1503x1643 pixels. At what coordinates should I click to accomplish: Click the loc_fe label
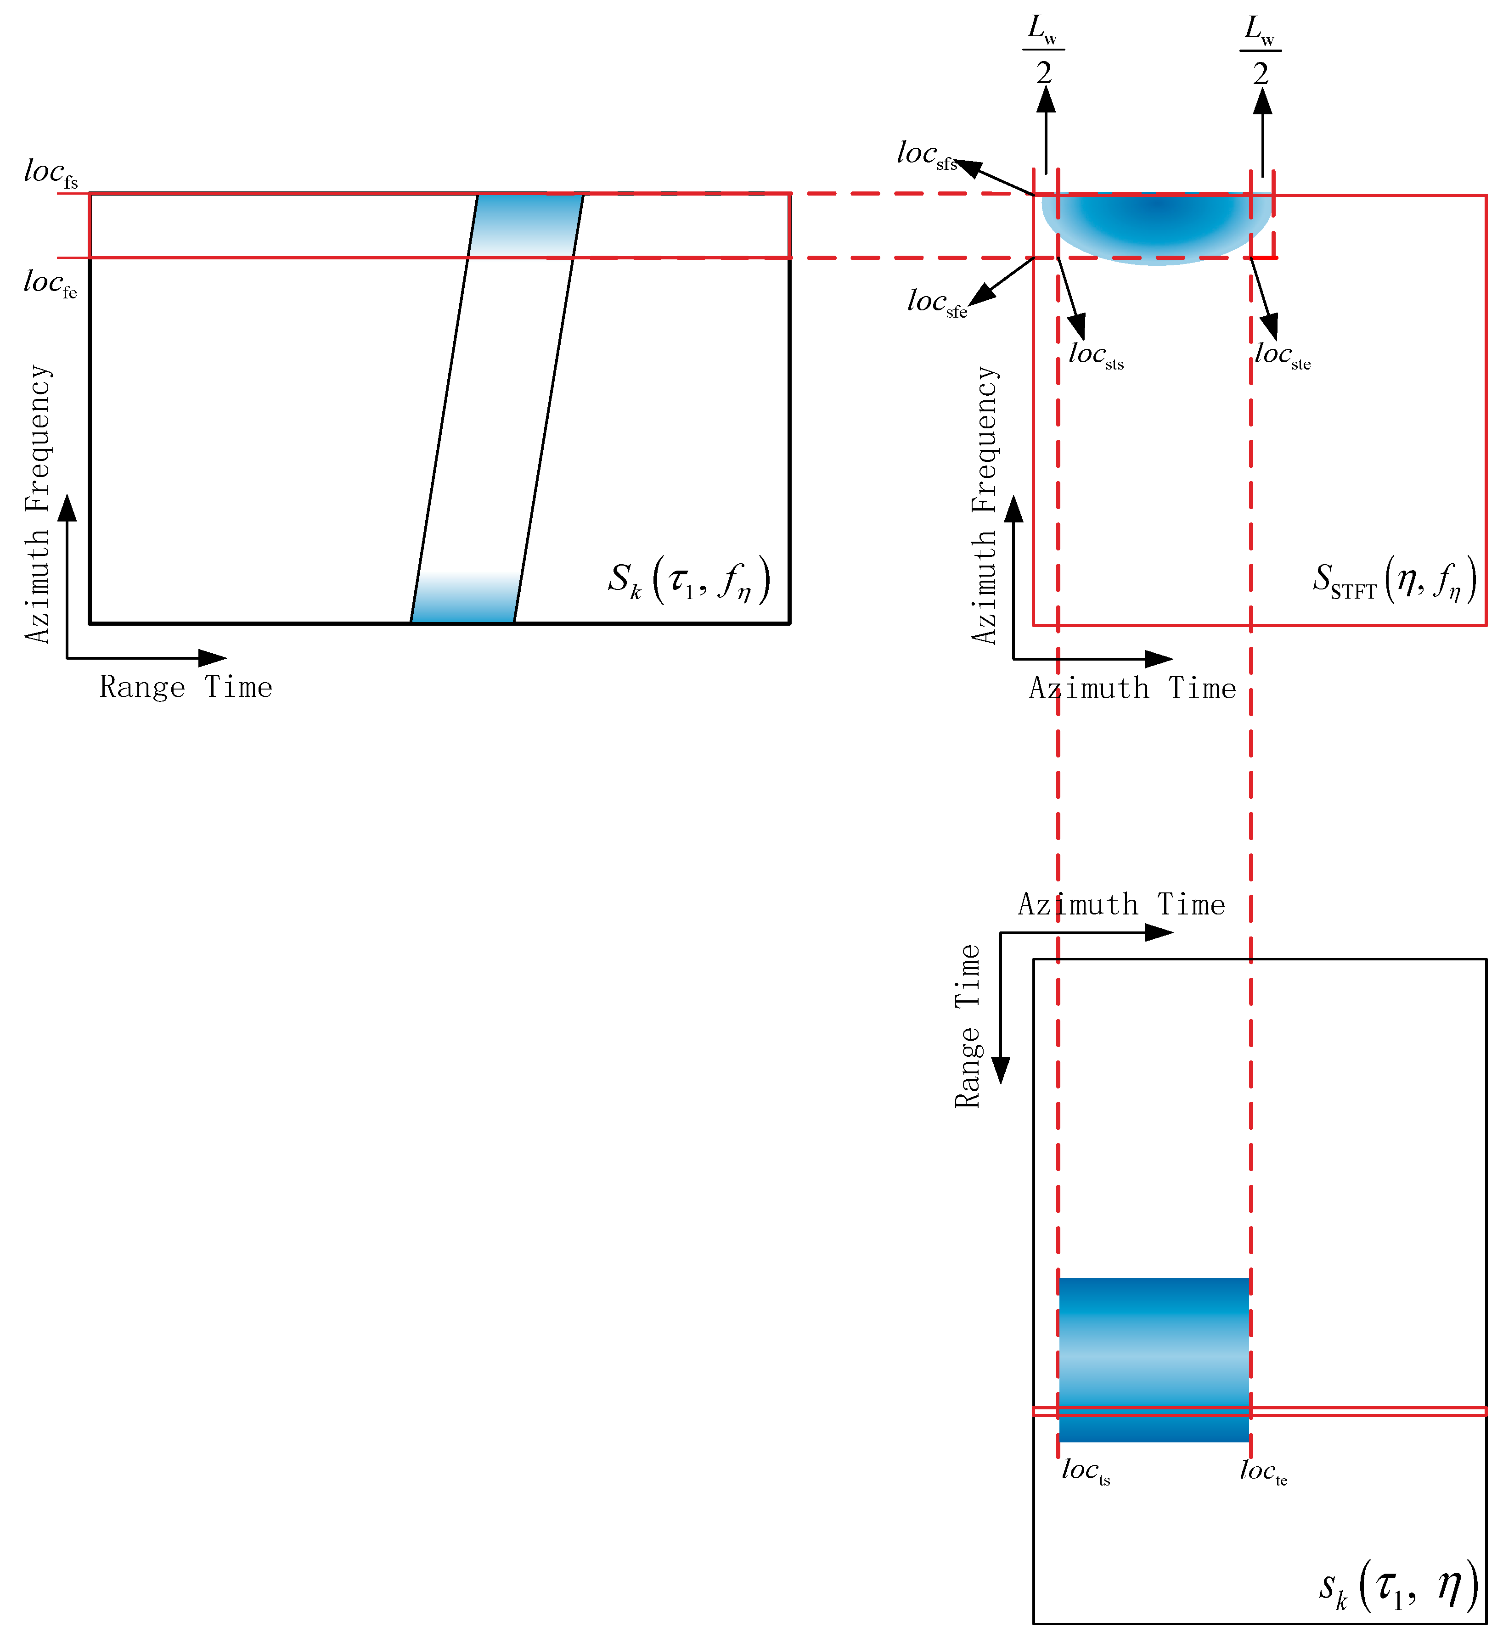click(x=51, y=284)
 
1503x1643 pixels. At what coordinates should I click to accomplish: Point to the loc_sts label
click(x=1096, y=356)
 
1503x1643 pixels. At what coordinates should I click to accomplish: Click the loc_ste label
click(x=1282, y=356)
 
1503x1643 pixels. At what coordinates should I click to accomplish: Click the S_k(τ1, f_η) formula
click(x=689, y=580)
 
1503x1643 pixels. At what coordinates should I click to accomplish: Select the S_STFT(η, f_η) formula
click(x=1394, y=580)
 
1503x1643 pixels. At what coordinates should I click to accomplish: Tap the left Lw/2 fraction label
click(x=1044, y=50)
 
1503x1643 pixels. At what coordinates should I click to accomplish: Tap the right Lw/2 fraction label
click(x=1260, y=50)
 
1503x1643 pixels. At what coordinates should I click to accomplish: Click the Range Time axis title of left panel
click(x=186, y=687)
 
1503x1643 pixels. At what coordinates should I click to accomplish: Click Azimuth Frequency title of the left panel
click(x=38, y=504)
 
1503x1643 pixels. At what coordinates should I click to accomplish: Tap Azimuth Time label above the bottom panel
click(x=1121, y=905)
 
